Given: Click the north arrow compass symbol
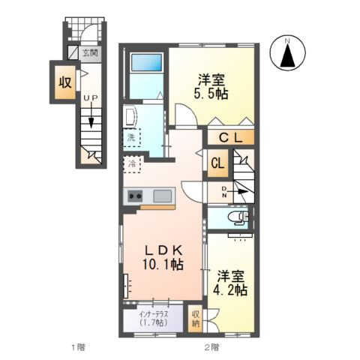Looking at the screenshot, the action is click(287, 53).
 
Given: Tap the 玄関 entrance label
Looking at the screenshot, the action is click(90, 52).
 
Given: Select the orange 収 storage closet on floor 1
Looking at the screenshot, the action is click(65, 82).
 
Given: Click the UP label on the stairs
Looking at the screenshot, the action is click(91, 98).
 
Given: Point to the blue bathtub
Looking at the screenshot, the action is click(146, 62).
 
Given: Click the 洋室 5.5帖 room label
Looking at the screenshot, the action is click(211, 87).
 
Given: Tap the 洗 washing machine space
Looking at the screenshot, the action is click(132, 137).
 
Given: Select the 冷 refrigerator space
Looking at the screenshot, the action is click(132, 164).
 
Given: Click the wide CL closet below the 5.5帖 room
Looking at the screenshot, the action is click(231, 137).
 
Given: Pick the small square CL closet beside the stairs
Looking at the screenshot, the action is click(217, 163).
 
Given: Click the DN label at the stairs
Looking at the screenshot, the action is click(224, 192).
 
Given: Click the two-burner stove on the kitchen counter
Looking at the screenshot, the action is click(135, 196).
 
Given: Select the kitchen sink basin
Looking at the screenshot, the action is click(163, 196).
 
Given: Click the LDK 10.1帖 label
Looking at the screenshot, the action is click(163, 257).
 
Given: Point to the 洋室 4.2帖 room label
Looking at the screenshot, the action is click(230, 283).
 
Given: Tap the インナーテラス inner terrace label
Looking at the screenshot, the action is click(154, 318).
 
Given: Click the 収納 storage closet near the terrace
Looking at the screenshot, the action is click(196, 319).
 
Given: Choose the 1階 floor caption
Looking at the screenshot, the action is click(78, 347).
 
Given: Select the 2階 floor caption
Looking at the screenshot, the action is click(212, 347).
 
